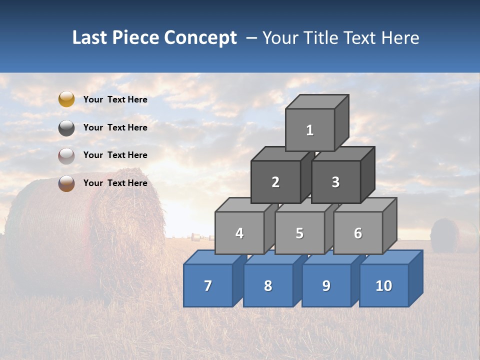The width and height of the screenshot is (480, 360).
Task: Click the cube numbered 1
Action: pos(310,130)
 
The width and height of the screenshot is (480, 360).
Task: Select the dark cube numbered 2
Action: pos(275,182)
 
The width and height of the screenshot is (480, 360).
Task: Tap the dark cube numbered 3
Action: pos(335,182)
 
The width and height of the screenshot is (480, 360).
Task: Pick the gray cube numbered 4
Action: pos(239,233)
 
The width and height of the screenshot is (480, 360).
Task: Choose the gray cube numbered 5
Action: pos(299,233)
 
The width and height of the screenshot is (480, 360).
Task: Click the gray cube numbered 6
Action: pos(358,233)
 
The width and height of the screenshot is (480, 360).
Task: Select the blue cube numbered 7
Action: pos(208,285)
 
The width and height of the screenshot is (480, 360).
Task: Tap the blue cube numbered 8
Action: pos(268,285)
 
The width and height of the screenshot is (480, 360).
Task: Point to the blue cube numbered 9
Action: pos(326,285)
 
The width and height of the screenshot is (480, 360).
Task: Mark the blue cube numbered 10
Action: pos(384,285)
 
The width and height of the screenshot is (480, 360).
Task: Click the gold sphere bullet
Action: pos(66,99)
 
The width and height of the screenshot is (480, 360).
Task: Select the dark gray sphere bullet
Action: pos(66,127)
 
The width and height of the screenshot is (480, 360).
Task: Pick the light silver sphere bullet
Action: pos(66,155)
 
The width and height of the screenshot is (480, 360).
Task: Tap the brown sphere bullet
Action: pos(66,183)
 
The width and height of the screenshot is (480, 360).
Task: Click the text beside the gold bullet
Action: pos(115,99)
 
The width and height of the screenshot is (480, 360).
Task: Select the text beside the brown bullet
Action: pos(115,183)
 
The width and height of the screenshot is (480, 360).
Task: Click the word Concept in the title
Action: pos(200,38)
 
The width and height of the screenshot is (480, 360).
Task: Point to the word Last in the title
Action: pos(90,38)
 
